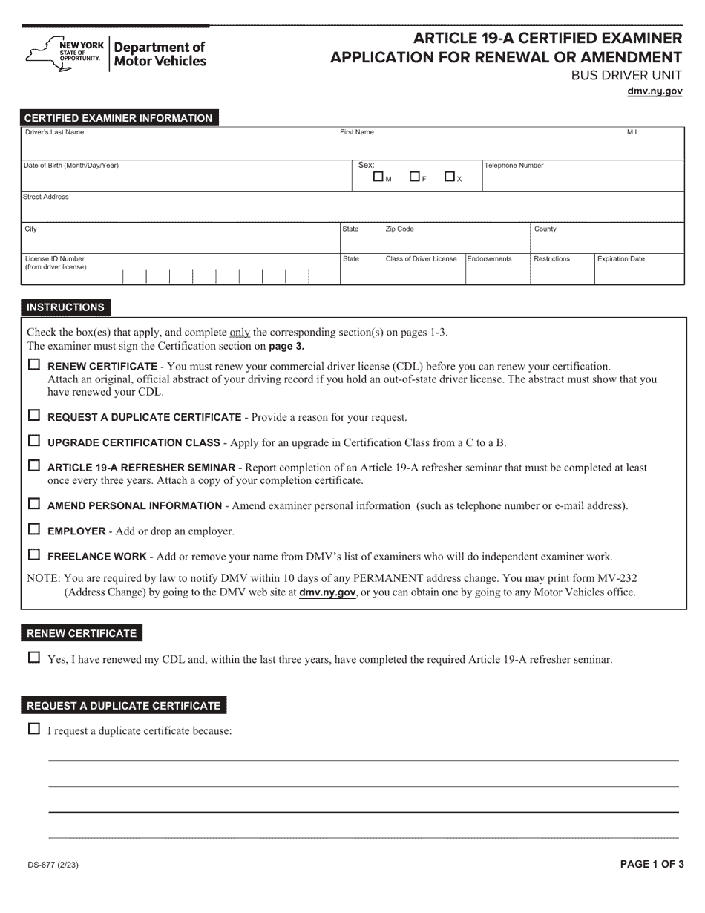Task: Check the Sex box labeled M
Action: (x=378, y=177)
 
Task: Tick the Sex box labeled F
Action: (x=414, y=177)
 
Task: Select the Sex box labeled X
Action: (x=450, y=177)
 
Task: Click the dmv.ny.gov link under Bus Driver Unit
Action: (x=655, y=91)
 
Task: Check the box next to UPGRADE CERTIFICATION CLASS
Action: (x=33, y=441)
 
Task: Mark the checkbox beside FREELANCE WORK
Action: (x=33, y=554)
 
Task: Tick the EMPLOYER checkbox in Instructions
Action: (x=33, y=529)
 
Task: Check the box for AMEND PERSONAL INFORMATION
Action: (x=33, y=504)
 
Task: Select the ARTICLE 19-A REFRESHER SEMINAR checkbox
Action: (x=33, y=466)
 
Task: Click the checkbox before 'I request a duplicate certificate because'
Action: (x=33, y=729)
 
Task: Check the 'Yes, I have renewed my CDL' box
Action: (x=33, y=657)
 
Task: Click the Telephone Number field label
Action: (x=514, y=166)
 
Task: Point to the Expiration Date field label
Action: (x=620, y=259)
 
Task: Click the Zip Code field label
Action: (x=400, y=229)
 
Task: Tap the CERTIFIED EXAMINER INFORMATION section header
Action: (x=119, y=118)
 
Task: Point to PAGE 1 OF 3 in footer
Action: (x=652, y=864)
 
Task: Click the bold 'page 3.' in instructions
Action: (x=286, y=346)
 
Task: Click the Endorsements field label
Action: (x=489, y=259)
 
